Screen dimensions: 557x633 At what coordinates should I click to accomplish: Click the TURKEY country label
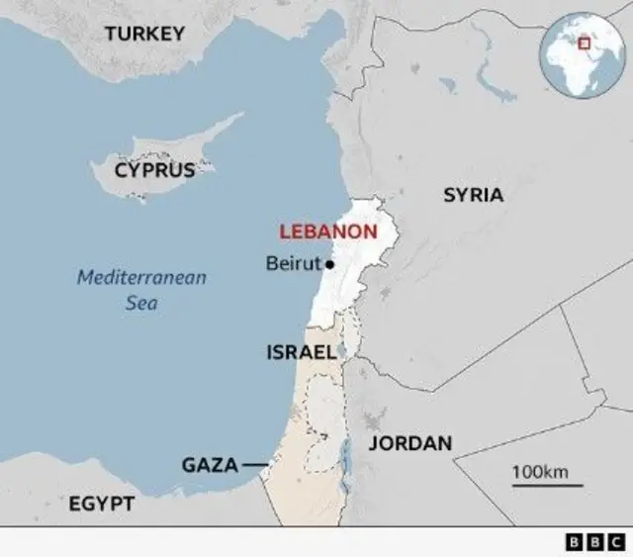point(144,34)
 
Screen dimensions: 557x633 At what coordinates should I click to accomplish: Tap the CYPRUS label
point(154,169)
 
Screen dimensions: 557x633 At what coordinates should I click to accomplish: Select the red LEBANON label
point(327,232)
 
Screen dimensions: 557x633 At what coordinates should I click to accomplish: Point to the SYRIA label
point(473,195)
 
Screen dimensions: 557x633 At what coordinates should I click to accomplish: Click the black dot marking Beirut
point(329,264)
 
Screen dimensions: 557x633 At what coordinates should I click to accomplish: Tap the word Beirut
point(294,264)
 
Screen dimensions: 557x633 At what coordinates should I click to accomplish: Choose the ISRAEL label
point(302,351)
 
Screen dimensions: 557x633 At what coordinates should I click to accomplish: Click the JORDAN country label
point(410,443)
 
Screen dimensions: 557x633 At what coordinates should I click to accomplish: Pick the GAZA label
point(210,465)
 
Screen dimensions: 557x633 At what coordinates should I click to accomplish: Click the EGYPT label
point(102,505)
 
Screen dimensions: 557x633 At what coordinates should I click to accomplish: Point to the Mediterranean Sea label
point(142,290)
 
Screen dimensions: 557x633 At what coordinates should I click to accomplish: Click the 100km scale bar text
point(540,472)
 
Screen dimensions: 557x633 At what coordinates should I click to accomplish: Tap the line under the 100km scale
point(547,486)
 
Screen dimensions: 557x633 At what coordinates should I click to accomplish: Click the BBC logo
point(595,542)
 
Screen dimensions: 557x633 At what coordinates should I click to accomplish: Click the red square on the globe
point(584,43)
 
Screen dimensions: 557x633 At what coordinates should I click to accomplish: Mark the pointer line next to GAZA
point(254,465)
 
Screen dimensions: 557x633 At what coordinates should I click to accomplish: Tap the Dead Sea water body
point(345,454)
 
